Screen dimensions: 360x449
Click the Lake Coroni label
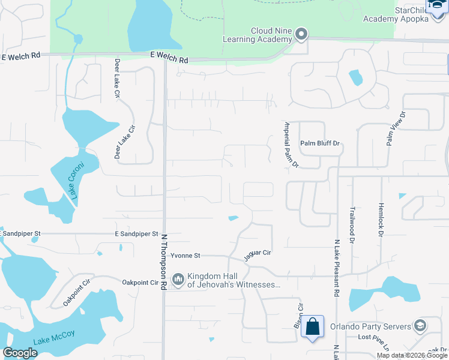coord(75,180)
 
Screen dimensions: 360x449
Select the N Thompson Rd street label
coord(163,262)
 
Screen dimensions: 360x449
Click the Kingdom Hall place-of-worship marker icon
coord(178,279)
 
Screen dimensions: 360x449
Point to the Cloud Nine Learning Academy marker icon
coord(301,34)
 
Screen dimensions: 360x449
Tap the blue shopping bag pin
coord(313,327)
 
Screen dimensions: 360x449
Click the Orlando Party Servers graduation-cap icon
coord(420,326)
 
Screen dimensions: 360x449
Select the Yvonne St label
coord(184,256)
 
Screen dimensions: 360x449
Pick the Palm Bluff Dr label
coord(320,143)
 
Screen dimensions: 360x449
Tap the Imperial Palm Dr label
coord(291,144)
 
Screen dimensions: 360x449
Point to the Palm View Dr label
coord(396,128)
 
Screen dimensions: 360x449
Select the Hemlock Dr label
coord(381,220)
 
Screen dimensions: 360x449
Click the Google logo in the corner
coord(20,352)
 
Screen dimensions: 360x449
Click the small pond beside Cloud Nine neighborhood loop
coord(356,77)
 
